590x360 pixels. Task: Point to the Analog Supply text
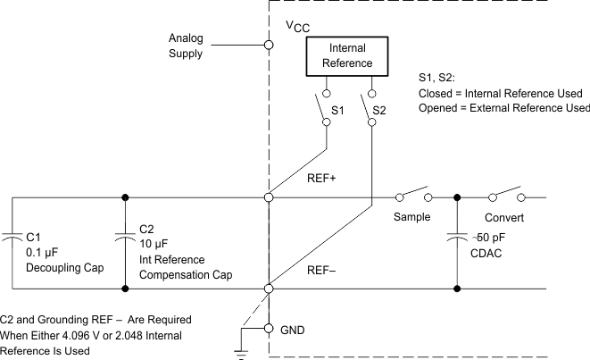click(187, 46)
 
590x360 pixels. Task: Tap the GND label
click(293, 330)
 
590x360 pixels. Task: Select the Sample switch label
click(411, 217)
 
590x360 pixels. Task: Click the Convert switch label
click(503, 217)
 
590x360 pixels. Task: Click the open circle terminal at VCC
click(270, 44)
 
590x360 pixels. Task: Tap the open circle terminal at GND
click(270, 330)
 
